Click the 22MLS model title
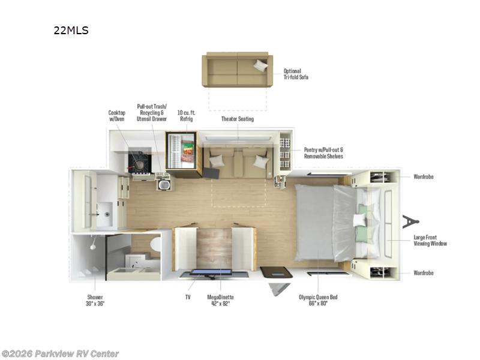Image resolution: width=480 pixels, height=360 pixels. coord(71,31)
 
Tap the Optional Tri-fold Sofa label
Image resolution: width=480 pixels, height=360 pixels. coord(296,74)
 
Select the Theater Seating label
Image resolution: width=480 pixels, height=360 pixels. coord(238,119)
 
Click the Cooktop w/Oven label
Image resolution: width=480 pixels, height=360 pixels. coord(116,115)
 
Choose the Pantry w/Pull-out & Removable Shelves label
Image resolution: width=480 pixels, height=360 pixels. coord(323,152)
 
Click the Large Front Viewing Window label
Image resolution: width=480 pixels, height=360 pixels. coord(430,241)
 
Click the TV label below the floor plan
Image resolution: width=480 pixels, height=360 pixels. coord(188,296)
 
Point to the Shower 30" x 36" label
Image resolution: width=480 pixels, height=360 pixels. coord(94,300)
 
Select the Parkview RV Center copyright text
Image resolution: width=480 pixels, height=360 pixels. coord(60,353)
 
